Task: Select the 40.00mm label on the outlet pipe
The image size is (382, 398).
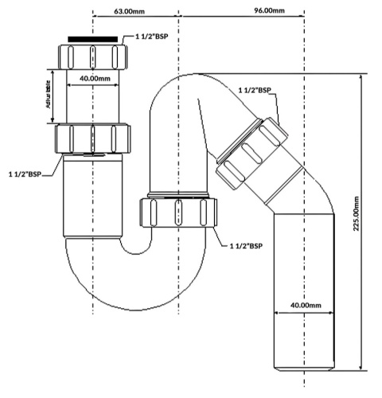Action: click(305, 306)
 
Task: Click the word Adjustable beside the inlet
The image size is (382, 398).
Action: click(45, 96)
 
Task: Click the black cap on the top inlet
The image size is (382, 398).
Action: click(93, 39)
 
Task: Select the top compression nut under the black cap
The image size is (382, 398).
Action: click(93, 57)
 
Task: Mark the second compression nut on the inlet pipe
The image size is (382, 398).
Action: click(93, 139)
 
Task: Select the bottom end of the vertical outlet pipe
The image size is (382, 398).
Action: click(305, 368)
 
